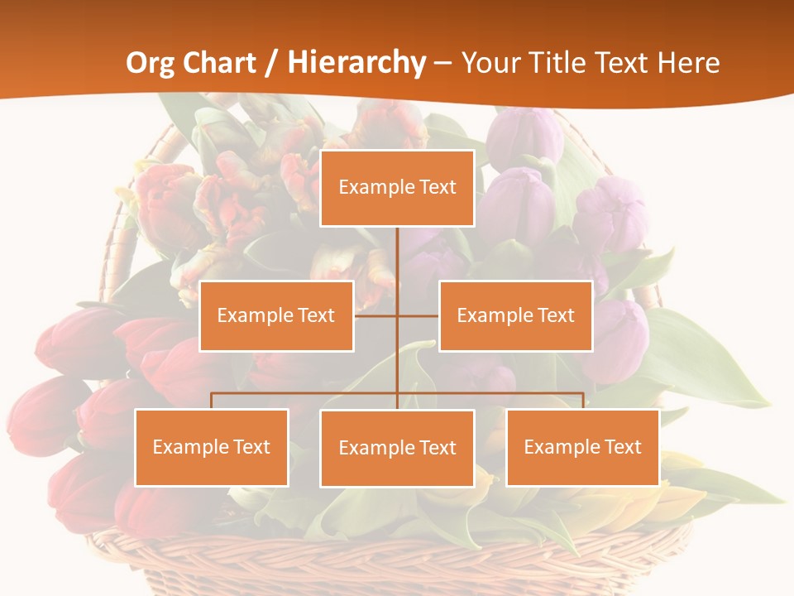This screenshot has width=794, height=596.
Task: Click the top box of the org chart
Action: pyautogui.click(x=397, y=188)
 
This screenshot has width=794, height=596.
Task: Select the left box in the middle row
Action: pyautogui.click(x=276, y=315)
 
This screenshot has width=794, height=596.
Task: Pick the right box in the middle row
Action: pyautogui.click(x=515, y=315)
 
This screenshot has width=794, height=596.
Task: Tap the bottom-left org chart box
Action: pyautogui.click(x=212, y=447)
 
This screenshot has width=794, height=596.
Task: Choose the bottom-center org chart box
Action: pyautogui.click(x=397, y=448)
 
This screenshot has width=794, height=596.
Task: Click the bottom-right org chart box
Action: pyautogui.click(x=582, y=447)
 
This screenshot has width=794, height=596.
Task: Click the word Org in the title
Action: pyautogui.click(x=150, y=63)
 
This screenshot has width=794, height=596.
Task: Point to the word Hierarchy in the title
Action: pyautogui.click(x=356, y=63)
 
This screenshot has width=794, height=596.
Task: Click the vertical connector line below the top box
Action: pyautogui.click(x=397, y=265)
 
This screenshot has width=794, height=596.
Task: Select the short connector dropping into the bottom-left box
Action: pyautogui.click(x=212, y=401)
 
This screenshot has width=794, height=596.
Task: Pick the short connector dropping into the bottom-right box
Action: pyautogui.click(x=583, y=401)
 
